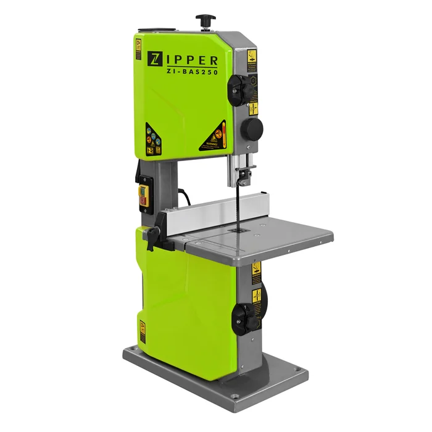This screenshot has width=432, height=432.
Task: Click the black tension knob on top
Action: [204, 21]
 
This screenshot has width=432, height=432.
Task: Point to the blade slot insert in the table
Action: [234, 230]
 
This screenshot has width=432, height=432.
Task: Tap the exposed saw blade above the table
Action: [236, 204]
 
